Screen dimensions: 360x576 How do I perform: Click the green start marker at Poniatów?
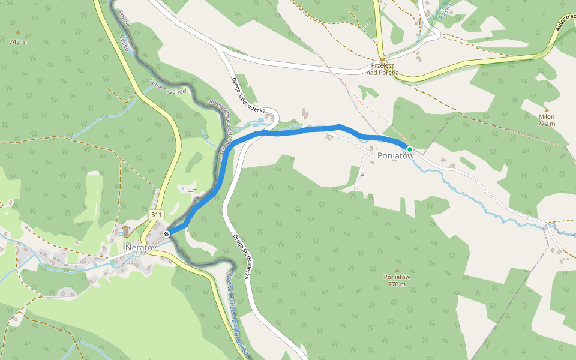point(409,149)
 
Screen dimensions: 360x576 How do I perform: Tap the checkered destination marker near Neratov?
point(166,233)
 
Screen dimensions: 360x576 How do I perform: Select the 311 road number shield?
point(156,215)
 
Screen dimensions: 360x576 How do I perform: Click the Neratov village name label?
point(140,247)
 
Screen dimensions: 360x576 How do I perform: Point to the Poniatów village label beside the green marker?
point(395,156)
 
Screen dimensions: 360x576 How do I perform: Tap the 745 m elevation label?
point(18,42)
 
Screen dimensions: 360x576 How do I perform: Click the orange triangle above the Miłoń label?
point(546,110)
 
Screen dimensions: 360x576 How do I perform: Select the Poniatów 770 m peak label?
point(397,280)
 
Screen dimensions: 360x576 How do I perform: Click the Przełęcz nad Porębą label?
point(385,69)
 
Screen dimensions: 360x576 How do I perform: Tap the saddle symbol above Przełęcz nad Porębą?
point(382,59)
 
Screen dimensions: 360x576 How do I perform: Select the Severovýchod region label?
point(169,89)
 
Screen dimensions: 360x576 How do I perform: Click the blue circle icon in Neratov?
point(121,233)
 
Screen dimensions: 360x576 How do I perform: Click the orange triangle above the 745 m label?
point(18,32)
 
